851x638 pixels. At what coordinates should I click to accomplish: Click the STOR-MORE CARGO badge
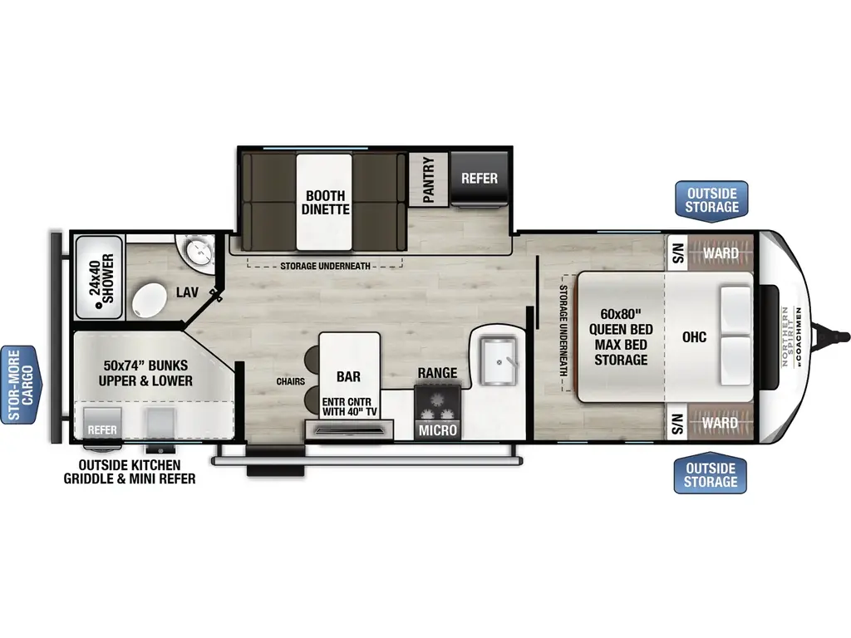pyautogui.click(x=21, y=385)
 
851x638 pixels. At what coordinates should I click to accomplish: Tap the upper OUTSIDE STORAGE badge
pyautogui.click(x=711, y=201)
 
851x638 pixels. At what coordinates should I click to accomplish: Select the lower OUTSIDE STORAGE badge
pyautogui.click(x=711, y=474)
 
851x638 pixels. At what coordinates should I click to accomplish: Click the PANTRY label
pyautogui.click(x=429, y=179)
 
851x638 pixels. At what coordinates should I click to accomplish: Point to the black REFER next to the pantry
pyautogui.click(x=480, y=179)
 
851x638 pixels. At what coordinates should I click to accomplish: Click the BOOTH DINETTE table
pyautogui.click(x=325, y=203)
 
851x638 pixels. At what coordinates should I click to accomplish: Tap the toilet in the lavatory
pyautogui.click(x=149, y=300)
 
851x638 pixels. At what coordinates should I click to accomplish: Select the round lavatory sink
pyautogui.click(x=199, y=251)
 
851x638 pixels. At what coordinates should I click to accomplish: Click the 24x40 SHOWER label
pyautogui.click(x=102, y=277)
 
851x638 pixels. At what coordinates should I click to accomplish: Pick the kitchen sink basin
pyautogui.click(x=498, y=361)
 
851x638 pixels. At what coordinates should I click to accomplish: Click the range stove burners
pyautogui.click(x=437, y=405)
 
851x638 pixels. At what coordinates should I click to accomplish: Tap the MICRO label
pyautogui.click(x=438, y=430)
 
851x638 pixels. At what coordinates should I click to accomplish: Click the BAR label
pyautogui.click(x=348, y=376)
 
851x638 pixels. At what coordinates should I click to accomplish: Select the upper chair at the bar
pyautogui.click(x=312, y=359)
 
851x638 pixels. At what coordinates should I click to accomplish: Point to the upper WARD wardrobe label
pyautogui.click(x=721, y=253)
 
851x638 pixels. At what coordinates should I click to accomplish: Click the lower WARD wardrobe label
pyautogui.click(x=721, y=423)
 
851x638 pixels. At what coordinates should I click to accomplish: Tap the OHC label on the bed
pyautogui.click(x=694, y=337)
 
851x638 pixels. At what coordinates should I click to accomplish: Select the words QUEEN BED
pyautogui.click(x=621, y=329)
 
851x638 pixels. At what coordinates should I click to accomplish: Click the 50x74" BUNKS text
pyautogui.click(x=145, y=366)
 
